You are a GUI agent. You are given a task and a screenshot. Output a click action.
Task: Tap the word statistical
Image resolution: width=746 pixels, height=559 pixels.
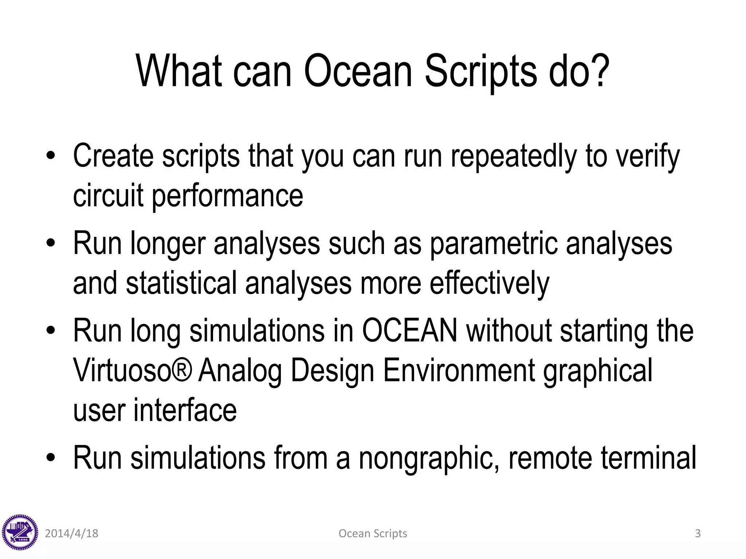[181, 284]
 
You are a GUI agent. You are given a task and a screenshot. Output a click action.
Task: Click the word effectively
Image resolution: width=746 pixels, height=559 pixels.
[489, 284]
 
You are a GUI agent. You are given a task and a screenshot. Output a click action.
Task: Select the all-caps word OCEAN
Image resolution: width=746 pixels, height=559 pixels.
[409, 331]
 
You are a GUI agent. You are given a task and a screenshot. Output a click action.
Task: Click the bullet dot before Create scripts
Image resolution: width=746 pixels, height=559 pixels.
[51, 156]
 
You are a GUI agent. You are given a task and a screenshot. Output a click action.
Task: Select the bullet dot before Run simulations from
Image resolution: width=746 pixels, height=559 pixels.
[51, 457]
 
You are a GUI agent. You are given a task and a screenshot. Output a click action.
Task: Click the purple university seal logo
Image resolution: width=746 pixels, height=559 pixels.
[20, 533]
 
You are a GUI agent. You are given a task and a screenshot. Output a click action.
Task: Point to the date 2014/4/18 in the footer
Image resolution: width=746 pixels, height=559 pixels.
[71, 534]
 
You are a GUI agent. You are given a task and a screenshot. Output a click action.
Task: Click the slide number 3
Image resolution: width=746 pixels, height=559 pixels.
[698, 534]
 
